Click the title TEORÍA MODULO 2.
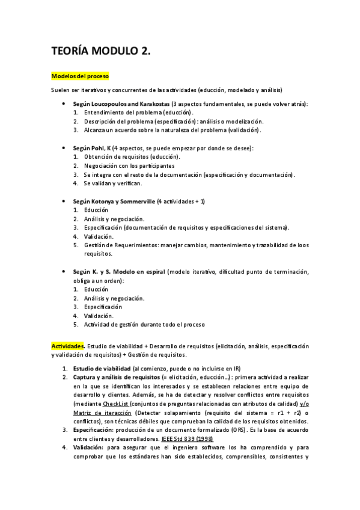pyautogui.click(x=100, y=52)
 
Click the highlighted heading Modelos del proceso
pyautogui.click(x=80, y=76)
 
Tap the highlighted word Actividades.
pyautogui.click(x=68, y=346)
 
